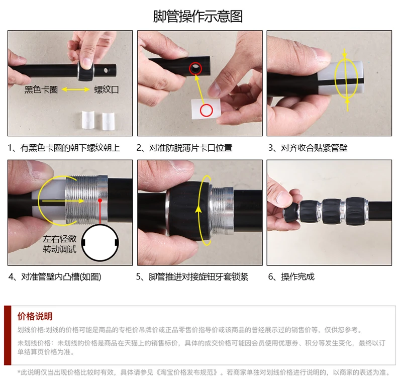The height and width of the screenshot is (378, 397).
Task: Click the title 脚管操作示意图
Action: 198,16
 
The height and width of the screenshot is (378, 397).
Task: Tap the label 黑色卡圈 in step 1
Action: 41,89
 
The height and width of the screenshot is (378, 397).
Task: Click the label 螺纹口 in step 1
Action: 107,89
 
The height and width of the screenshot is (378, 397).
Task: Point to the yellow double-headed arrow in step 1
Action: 76,89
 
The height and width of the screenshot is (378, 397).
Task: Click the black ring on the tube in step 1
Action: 85,72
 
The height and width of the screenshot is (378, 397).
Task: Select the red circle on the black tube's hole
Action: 195,68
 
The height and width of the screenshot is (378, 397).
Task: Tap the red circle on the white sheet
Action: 207,110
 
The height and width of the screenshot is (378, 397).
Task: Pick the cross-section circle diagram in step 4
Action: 100,243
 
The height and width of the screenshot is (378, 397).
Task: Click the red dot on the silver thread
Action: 100,200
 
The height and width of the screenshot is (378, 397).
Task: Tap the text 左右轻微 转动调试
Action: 59,244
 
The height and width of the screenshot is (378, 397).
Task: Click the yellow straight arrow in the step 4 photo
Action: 63,201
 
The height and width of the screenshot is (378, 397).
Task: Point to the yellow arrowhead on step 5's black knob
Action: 198,209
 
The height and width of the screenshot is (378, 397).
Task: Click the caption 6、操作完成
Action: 291,276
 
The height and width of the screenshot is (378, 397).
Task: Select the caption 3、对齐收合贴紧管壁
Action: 308,148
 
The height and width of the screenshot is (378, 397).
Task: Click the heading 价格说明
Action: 35,316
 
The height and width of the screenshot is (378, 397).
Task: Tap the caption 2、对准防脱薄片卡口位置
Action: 184,148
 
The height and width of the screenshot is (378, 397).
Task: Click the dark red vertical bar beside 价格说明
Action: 8,335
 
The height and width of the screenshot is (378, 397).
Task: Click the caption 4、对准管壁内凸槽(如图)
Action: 55,276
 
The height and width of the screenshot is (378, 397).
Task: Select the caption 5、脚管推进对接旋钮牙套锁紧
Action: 192,276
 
